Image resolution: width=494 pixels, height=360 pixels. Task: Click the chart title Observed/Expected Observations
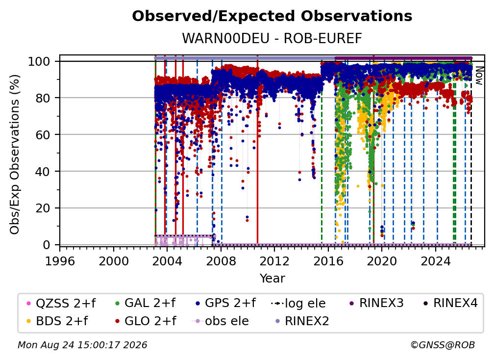click(272, 16)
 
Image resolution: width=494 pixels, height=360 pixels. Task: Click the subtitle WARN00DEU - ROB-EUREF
click(272, 39)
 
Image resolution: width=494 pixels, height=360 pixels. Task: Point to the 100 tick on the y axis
click(44, 61)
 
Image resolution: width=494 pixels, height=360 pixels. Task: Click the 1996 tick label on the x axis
click(60, 261)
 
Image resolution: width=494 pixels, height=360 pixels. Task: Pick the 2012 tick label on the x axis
click(274, 261)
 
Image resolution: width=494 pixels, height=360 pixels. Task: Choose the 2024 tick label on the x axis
click(435, 261)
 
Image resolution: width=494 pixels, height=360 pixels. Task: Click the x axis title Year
click(272, 279)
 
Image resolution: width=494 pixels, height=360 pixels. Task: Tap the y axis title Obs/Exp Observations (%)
click(15, 154)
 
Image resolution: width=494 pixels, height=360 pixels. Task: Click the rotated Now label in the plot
click(478, 76)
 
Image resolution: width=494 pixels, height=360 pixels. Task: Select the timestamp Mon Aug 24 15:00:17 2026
click(82, 345)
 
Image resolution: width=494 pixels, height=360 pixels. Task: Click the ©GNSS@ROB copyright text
click(443, 345)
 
